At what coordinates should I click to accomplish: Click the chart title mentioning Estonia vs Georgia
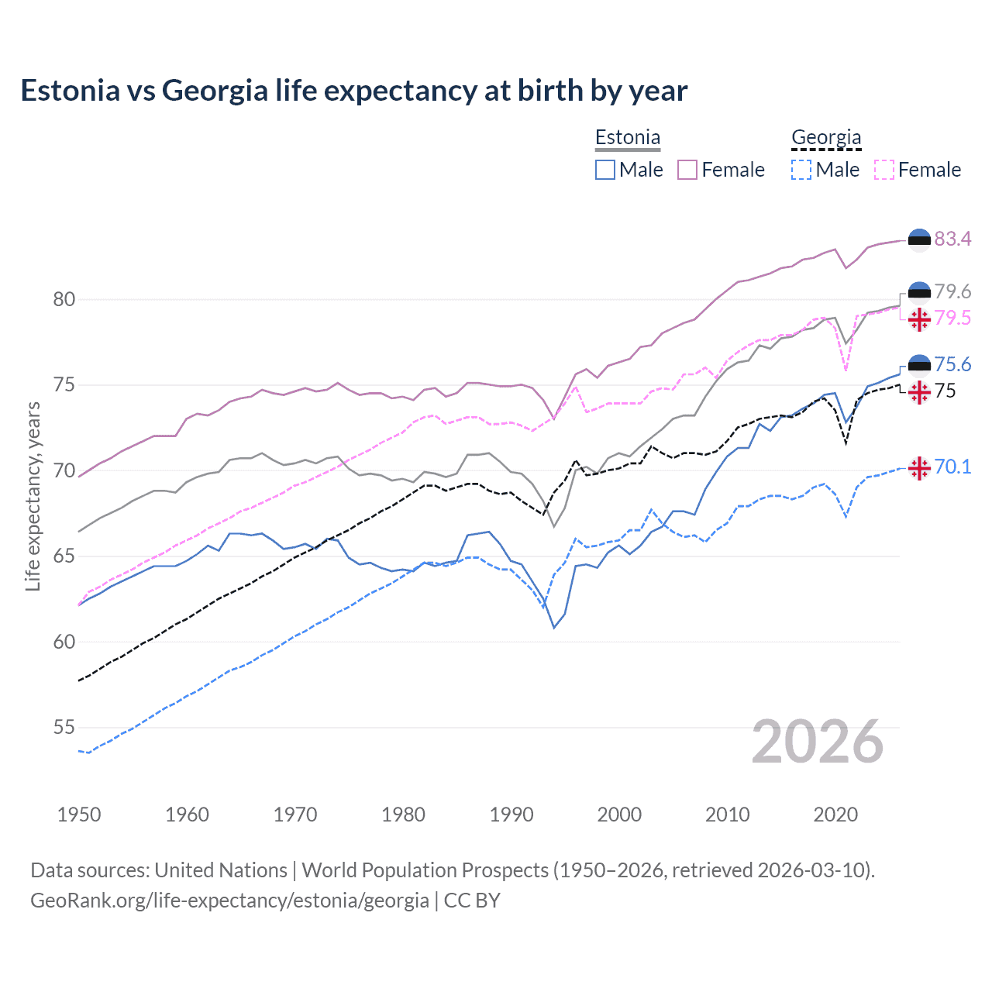[x=353, y=91]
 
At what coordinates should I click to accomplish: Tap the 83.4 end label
[x=952, y=239]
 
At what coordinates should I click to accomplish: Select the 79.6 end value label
[x=952, y=291]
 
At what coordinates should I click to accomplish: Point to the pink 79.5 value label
[x=952, y=318]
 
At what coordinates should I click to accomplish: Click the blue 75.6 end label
[x=952, y=364]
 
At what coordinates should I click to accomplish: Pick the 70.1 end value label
[x=952, y=467]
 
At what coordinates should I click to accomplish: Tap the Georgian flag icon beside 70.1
[x=919, y=468]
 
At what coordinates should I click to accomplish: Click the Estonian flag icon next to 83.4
[x=919, y=240]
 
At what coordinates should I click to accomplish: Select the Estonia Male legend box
[x=605, y=170]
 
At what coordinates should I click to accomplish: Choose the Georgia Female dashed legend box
[x=884, y=170]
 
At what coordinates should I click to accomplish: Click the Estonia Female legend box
[x=687, y=170]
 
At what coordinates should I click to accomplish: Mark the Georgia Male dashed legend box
[x=801, y=170]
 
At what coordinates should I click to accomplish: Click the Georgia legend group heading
[x=826, y=138]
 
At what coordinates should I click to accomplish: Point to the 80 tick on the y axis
[x=64, y=299]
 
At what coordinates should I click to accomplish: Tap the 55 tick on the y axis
[x=64, y=728]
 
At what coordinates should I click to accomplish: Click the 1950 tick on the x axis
[x=79, y=815]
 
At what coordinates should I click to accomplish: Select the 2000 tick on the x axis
[x=619, y=815]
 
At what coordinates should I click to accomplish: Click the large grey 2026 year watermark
[x=817, y=742]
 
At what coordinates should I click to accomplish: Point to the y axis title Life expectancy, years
[x=33, y=496]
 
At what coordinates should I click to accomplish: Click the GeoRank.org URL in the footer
[x=229, y=900]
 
